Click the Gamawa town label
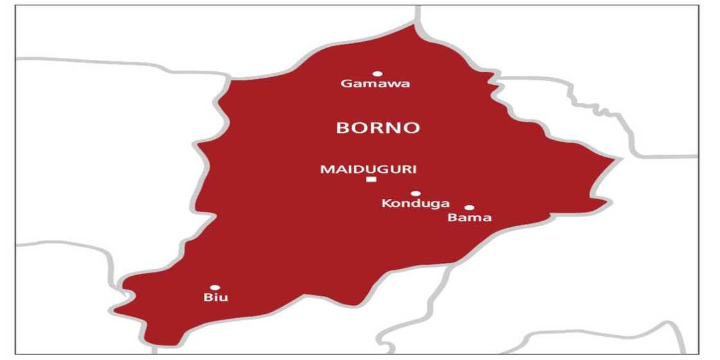point(375,85)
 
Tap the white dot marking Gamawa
point(377,74)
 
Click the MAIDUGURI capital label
point(368,170)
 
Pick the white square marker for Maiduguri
point(371,179)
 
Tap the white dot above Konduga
point(416,194)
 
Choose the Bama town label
point(469,218)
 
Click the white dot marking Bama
point(469,208)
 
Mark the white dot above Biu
point(215,287)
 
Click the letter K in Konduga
point(386,204)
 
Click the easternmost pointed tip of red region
point(621,158)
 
